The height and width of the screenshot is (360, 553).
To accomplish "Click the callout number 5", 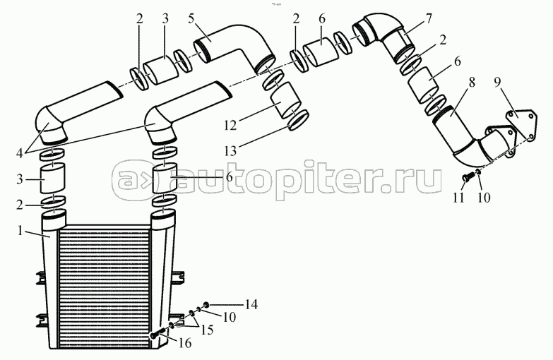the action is point(191,18).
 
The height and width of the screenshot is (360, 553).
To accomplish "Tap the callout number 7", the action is point(429,18).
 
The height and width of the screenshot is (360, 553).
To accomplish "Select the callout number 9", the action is point(496,83).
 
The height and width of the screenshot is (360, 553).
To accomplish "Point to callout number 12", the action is point(230,125).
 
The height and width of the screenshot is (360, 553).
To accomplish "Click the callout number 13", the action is point(230,151).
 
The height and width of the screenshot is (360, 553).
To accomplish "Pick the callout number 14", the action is point(251,304).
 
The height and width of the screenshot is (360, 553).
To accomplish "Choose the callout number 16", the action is point(185,342).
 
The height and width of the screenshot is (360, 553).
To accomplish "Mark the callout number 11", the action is point(458,198).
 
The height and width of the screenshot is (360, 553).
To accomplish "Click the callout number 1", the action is point(20,231).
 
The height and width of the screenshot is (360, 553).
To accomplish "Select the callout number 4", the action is point(20,153).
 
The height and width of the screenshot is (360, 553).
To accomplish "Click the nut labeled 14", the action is point(206,304).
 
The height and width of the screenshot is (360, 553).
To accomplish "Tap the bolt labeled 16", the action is point(158,333).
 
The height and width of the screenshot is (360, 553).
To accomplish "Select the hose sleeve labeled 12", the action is point(285,100).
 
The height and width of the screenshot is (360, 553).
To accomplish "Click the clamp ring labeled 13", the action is point(299,120).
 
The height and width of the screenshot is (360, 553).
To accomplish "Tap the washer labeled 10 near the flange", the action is point(479,172).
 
